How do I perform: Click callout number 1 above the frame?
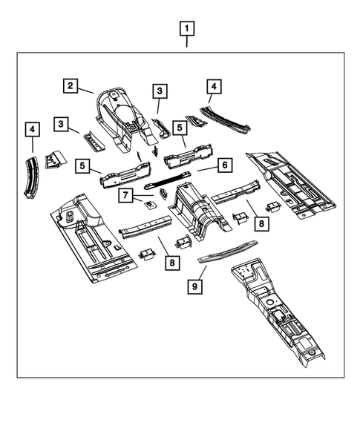click(187, 30)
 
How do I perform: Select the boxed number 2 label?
click(71, 86)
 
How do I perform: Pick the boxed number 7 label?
click(127, 195)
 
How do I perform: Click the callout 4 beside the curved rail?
click(31, 131)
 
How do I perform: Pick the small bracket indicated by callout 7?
click(148, 205)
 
